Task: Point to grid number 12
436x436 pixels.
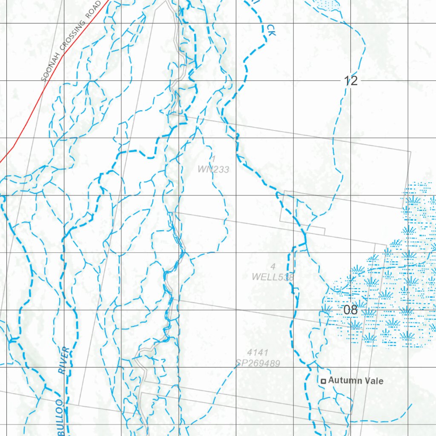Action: [x=351, y=80]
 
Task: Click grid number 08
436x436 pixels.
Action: [x=350, y=310]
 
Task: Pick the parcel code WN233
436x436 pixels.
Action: [x=213, y=169]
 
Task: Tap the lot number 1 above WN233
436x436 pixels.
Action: [x=214, y=159]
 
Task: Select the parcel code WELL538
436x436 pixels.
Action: [x=273, y=277]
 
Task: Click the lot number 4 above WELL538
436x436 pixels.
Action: [x=273, y=267]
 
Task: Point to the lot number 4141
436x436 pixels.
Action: [x=258, y=353]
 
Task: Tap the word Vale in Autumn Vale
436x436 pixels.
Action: [x=373, y=381]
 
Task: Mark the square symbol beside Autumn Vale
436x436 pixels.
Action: [x=324, y=381]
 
